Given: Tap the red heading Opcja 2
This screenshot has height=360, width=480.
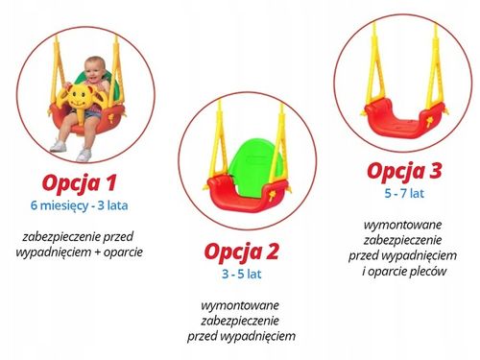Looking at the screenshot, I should (x=242, y=252).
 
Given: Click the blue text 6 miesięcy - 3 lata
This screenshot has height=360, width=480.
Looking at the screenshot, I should (x=85, y=205).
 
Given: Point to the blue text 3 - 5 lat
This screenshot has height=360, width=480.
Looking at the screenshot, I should (x=242, y=274).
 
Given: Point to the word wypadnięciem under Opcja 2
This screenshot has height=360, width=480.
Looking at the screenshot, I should (x=256, y=336).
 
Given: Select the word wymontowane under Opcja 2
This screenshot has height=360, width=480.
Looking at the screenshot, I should (x=242, y=303).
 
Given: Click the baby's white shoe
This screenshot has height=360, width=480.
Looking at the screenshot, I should (x=58, y=146).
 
